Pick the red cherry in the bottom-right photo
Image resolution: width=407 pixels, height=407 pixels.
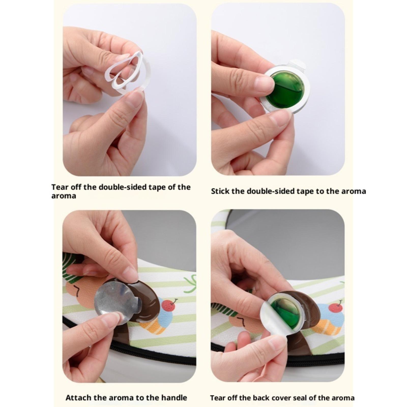[x=336, y=307]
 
